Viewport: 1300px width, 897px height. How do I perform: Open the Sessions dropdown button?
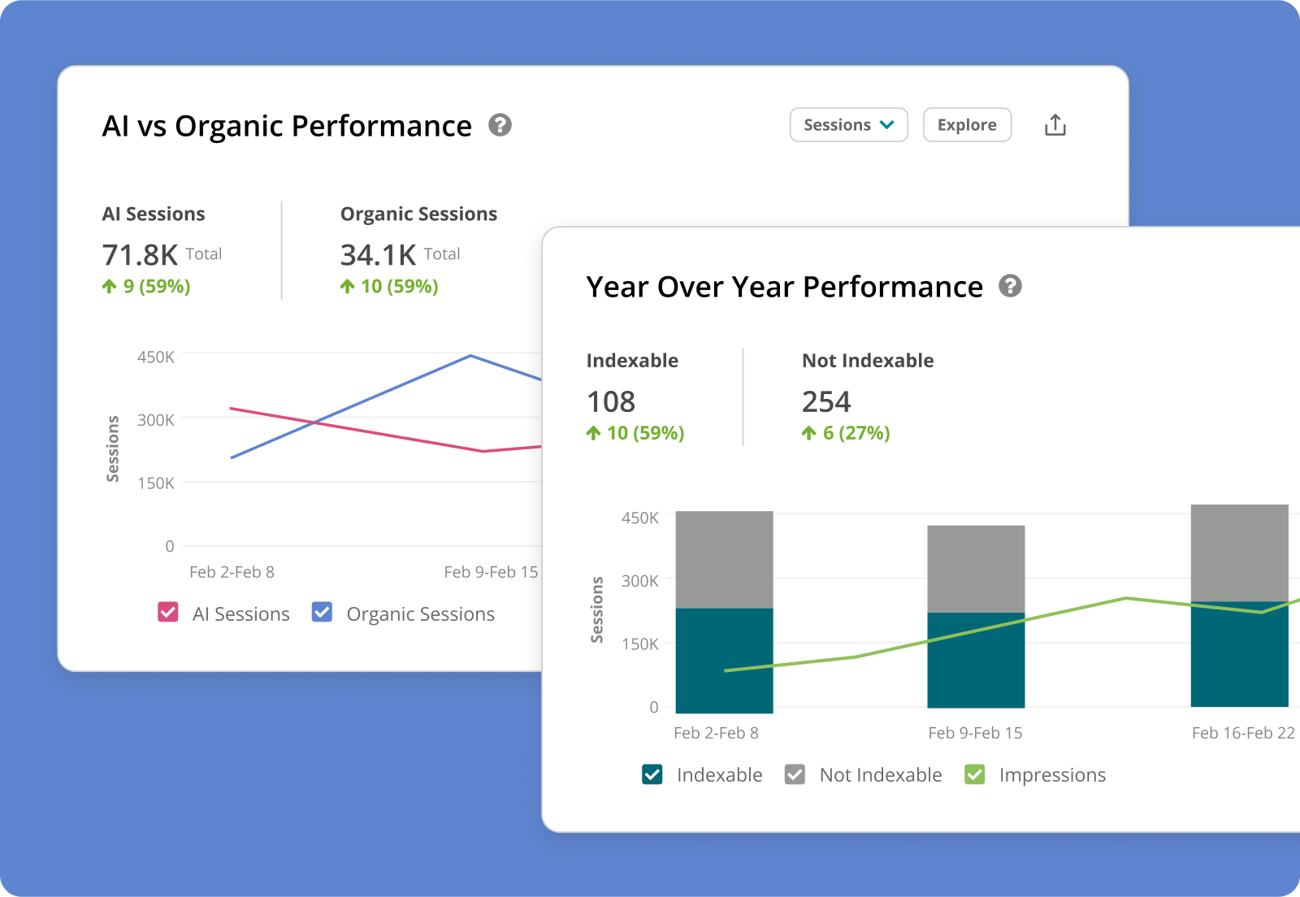[848, 125]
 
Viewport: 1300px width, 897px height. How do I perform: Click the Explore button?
[967, 125]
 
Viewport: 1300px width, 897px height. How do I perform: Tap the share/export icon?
[1055, 125]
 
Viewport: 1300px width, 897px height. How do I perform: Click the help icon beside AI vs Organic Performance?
[500, 125]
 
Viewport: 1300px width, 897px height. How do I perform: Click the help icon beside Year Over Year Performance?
[1010, 286]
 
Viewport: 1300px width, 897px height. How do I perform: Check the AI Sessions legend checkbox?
[168, 612]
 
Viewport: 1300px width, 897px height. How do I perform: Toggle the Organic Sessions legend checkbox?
[322, 612]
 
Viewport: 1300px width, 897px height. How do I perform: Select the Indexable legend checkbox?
[652, 774]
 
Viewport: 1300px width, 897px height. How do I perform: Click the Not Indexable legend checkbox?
[795, 774]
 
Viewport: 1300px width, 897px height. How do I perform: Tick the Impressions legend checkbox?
[974, 774]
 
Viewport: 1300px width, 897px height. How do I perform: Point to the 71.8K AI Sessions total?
[140, 255]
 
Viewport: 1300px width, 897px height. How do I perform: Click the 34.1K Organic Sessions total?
[378, 255]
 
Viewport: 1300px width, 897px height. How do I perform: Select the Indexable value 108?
[611, 401]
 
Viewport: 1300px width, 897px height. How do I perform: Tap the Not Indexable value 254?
[826, 401]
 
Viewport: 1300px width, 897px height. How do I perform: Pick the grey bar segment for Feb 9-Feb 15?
[976, 568]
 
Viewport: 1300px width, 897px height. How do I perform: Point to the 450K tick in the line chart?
[155, 357]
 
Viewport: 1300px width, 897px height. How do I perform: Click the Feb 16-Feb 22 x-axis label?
[1242, 733]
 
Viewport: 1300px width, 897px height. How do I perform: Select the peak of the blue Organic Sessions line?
[470, 356]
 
